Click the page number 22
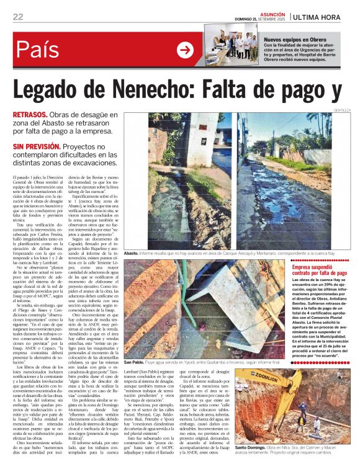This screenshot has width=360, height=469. (18, 17)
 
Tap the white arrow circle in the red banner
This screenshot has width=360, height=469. (185, 50)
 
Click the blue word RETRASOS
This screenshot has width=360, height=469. (32, 115)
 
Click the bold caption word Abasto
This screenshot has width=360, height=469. (131, 254)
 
